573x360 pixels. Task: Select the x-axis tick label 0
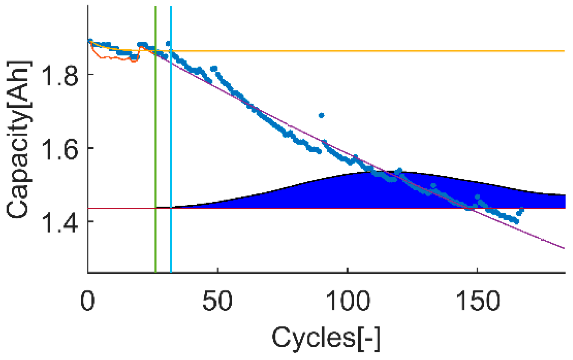pyautogui.click(x=88, y=301)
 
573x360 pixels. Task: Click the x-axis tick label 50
pyautogui.click(x=217, y=301)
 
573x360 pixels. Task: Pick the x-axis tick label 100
pyautogui.click(x=348, y=301)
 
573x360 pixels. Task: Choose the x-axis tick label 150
pyautogui.click(x=477, y=301)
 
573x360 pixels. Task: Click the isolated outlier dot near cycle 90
pyautogui.click(x=321, y=115)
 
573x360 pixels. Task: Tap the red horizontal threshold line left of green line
pyautogui.click(x=122, y=208)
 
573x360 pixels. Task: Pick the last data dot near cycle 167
pyautogui.click(x=521, y=210)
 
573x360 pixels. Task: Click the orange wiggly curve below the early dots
pyautogui.click(x=114, y=58)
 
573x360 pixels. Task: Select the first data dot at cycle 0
pyautogui.click(x=90, y=41)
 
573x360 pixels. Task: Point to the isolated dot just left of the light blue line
pyautogui.click(x=168, y=44)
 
